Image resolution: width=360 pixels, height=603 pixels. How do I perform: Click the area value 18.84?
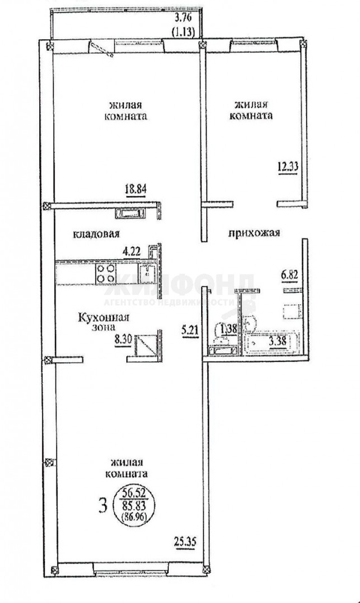coord(135,189)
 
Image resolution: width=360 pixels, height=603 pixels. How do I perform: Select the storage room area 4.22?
coord(132,252)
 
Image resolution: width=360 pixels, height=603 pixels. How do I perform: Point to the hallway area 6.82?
coord(290,276)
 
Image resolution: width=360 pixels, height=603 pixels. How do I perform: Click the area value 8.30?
coord(123,340)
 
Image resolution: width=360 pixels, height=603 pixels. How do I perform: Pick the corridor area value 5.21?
coord(190,330)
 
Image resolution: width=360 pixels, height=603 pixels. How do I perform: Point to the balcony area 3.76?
coord(183,18)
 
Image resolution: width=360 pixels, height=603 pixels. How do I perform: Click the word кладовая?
coord(96,234)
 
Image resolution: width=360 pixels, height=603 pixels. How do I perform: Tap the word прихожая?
coord(254,233)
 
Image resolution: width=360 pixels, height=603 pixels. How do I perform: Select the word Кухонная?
coord(103,318)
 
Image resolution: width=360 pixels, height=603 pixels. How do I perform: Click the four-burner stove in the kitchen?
coord(105,274)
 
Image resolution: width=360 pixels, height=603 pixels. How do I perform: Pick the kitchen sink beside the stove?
coord(147,274)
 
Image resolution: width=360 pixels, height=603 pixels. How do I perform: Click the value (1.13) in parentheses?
coord(183,32)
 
